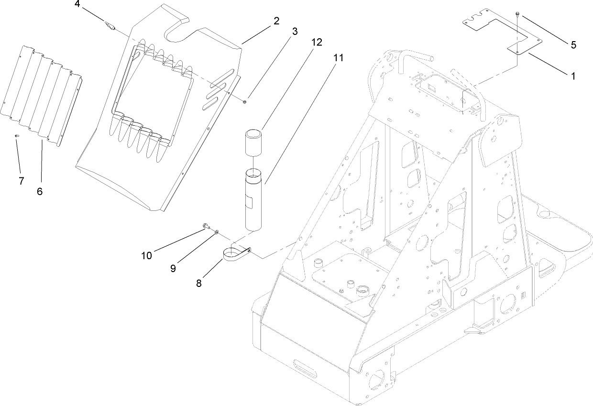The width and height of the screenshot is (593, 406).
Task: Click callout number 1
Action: tap(572, 76)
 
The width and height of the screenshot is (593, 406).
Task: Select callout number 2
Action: tap(277, 21)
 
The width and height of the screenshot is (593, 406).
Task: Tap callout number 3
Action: tap(295, 32)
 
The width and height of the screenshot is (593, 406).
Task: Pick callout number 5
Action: tap(572, 45)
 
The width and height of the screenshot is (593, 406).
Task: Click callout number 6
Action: tap(40, 191)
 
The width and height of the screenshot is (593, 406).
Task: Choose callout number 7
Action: tap(21, 181)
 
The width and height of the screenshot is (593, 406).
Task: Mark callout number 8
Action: tap(199, 283)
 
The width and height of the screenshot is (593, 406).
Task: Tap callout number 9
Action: tap(173, 268)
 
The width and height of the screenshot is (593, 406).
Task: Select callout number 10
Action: tap(146, 255)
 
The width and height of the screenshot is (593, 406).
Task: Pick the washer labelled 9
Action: tap(217, 232)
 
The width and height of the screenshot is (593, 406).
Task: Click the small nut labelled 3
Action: tap(244, 101)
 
